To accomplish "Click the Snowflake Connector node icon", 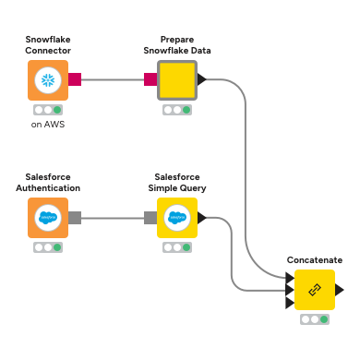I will click(x=48, y=80).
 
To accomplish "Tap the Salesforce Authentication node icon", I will click(x=48, y=218).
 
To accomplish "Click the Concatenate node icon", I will click(x=314, y=290).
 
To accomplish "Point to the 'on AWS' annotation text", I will click(x=48, y=124).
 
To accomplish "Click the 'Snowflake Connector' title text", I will click(x=48, y=45).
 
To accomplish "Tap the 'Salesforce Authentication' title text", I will click(x=48, y=182).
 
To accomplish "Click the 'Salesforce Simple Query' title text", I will click(x=179, y=182).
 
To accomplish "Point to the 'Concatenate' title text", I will click(x=314, y=260).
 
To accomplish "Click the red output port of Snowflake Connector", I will click(x=75, y=80).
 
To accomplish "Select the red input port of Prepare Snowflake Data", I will click(x=150, y=80).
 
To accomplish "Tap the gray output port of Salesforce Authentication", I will click(x=75, y=218).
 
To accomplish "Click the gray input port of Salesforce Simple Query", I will click(x=150, y=218).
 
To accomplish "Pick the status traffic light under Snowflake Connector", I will click(x=48, y=109).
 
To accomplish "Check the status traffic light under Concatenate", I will click(x=314, y=319).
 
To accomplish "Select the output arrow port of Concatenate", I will click(x=341, y=290).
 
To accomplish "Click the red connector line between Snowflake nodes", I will click(x=112, y=80).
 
